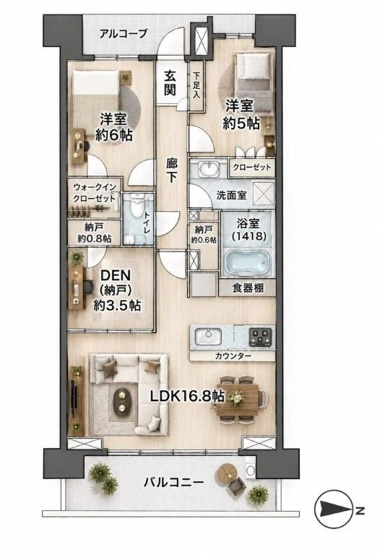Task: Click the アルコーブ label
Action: click(123, 34)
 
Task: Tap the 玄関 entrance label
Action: click(170, 83)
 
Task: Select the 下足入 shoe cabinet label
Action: click(197, 85)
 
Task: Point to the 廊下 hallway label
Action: click(172, 170)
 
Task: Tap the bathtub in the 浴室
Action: click(247, 262)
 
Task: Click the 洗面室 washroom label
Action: click(231, 195)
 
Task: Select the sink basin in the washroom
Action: click(210, 168)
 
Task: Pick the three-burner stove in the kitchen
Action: click(260, 337)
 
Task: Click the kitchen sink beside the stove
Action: click(208, 336)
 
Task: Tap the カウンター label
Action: click(233, 356)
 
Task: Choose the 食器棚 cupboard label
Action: click(248, 288)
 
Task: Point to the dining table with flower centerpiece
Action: click(237, 400)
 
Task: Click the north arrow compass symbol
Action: click(333, 510)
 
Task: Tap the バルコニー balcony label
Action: click(173, 482)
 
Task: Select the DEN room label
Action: click(116, 275)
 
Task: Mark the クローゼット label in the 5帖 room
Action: click(252, 167)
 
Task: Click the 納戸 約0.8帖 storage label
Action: click(94, 233)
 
